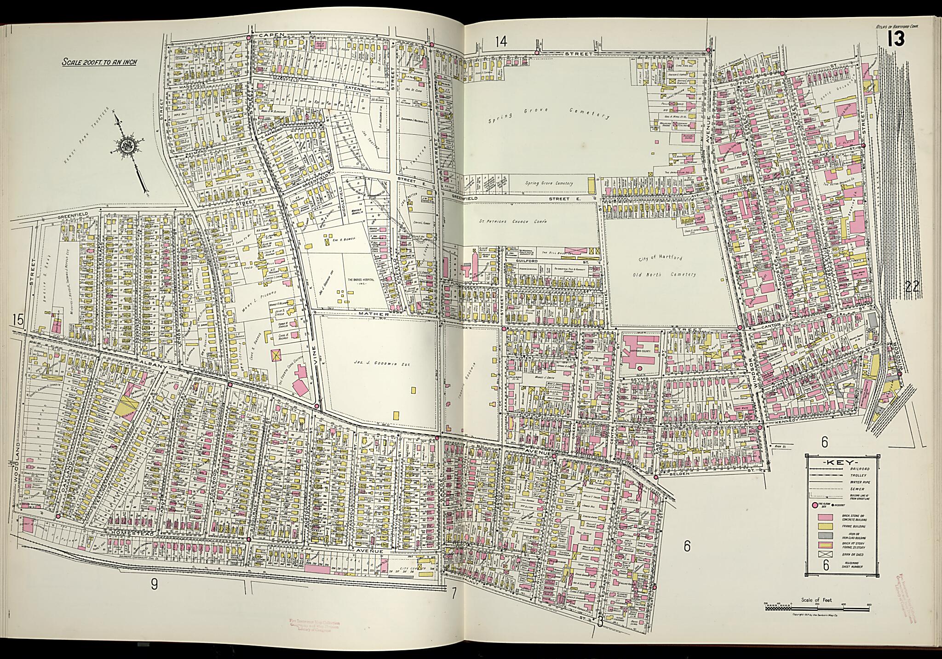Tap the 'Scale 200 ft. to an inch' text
(99, 62)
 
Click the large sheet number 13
(896, 40)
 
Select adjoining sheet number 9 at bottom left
(155, 585)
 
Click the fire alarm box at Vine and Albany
(317, 407)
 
